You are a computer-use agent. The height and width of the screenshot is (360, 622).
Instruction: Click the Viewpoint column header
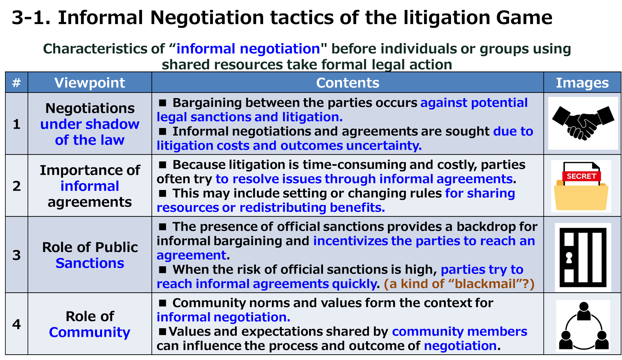pos(90,83)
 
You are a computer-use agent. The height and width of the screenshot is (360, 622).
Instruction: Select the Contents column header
pos(348,83)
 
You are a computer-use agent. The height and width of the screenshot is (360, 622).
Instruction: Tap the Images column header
pos(582,83)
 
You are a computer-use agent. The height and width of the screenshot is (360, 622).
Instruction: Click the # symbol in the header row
pos(17,83)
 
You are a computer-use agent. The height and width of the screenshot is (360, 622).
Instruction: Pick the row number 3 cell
pos(17,255)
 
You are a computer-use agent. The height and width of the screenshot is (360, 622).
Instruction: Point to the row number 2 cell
pos(17,186)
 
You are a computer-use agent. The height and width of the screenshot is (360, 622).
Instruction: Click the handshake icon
pos(583,123)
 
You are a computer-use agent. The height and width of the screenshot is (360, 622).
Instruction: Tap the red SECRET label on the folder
pos(581,176)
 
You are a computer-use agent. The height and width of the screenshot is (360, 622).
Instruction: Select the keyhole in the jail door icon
pos(569,257)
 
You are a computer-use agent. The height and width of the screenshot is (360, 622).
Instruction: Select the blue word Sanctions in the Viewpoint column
pos(90,263)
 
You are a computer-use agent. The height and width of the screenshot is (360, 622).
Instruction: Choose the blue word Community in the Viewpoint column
pos(90,332)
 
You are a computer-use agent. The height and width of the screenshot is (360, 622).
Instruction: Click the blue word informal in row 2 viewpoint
pos(90,186)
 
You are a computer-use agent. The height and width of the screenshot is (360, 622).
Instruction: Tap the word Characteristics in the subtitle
pos(95,49)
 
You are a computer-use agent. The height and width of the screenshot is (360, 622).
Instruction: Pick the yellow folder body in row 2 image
pos(581,197)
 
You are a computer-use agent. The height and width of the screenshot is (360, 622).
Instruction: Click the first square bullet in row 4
pos(163,303)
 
